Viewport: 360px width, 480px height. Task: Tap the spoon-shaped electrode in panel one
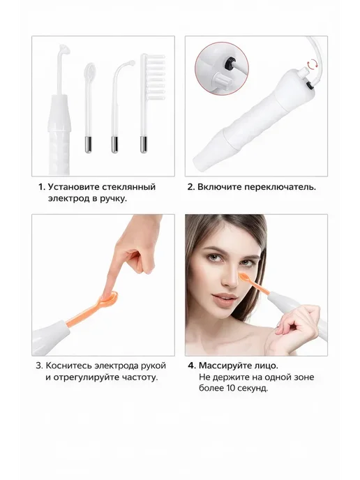[x=89, y=107]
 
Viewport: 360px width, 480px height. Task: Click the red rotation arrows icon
[x=313, y=64]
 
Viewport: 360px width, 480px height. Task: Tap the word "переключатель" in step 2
[x=280, y=187]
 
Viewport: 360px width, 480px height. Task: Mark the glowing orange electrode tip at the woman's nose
[x=244, y=278]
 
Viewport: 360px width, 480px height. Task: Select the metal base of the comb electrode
[x=143, y=144]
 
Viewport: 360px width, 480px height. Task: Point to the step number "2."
[x=191, y=187]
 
